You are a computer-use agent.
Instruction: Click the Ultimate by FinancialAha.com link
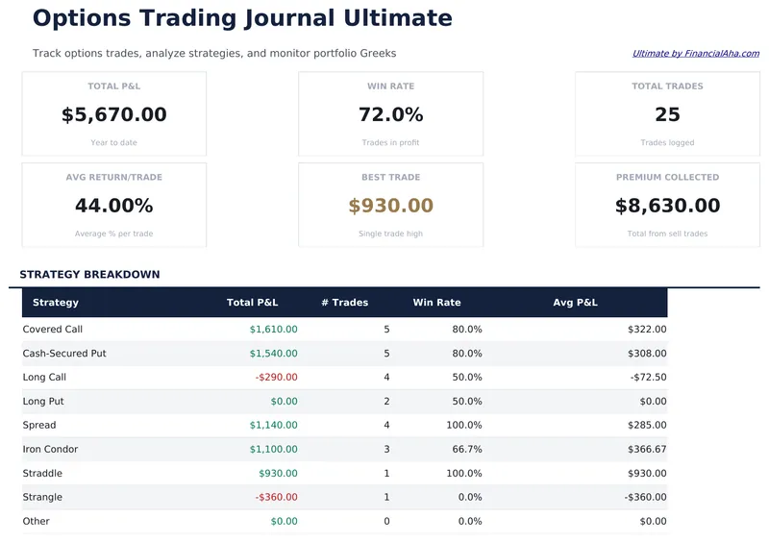tap(695, 54)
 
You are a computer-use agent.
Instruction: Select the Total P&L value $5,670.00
tap(113, 115)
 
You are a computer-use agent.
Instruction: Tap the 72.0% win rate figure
tap(390, 115)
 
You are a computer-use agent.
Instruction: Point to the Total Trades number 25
tap(667, 115)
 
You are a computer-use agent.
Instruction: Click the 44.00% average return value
tap(113, 206)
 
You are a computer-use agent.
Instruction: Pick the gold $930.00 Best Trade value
tap(390, 206)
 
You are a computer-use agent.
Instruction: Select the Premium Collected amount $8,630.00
tap(667, 206)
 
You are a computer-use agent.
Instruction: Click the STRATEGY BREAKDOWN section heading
tap(89, 275)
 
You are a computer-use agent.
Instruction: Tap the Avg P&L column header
tap(575, 303)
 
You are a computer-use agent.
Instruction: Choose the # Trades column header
tap(344, 303)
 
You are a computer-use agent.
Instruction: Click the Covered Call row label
tap(53, 330)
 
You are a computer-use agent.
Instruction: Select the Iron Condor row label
tap(51, 450)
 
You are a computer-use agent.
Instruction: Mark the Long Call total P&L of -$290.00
tap(276, 378)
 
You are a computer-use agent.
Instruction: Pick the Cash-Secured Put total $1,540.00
tap(273, 354)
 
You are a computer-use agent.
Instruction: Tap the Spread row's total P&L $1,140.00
tap(273, 426)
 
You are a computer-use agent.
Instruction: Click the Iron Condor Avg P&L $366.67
tap(646, 450)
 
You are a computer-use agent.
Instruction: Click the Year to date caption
tap(113, 143)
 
